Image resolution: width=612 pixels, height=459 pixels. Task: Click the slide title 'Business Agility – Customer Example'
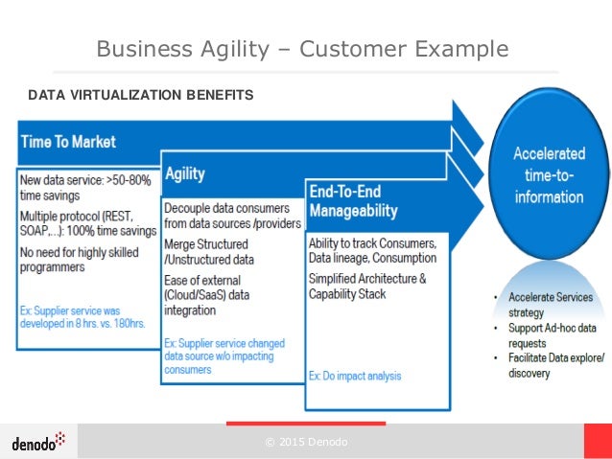302,48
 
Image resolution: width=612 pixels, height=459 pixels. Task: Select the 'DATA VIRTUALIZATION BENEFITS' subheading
140,95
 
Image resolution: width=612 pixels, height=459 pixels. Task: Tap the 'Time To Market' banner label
68,142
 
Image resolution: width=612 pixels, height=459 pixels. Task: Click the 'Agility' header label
185,174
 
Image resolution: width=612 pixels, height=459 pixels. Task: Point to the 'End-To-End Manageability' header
353,200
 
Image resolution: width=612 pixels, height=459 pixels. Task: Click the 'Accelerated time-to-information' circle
548,174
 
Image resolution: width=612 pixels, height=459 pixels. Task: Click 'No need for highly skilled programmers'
79,260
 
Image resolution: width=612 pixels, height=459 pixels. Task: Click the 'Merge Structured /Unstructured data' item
207,252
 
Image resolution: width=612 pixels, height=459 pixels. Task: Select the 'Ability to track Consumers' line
372,250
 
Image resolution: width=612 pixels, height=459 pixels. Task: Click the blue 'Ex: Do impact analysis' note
355,376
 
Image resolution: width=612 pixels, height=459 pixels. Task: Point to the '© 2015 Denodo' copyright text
306,442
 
